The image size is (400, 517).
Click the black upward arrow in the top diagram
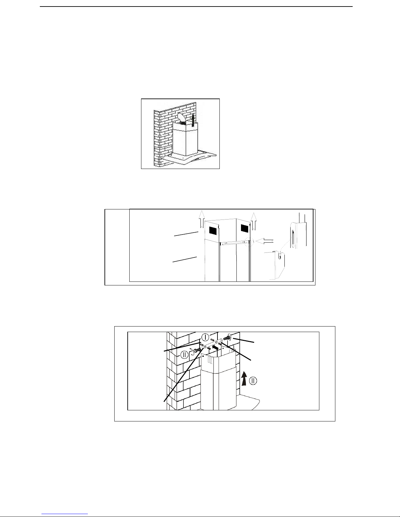coord(193,120)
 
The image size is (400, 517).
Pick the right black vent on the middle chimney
coord(244,228)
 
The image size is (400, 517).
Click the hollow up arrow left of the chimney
coord(202,219)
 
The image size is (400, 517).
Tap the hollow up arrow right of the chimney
coord(254,221)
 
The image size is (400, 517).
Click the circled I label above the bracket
coord(205,337)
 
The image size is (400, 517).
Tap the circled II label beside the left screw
coord(184,355)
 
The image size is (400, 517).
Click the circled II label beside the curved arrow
coord(253,381)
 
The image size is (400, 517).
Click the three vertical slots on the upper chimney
coord(210,360)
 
